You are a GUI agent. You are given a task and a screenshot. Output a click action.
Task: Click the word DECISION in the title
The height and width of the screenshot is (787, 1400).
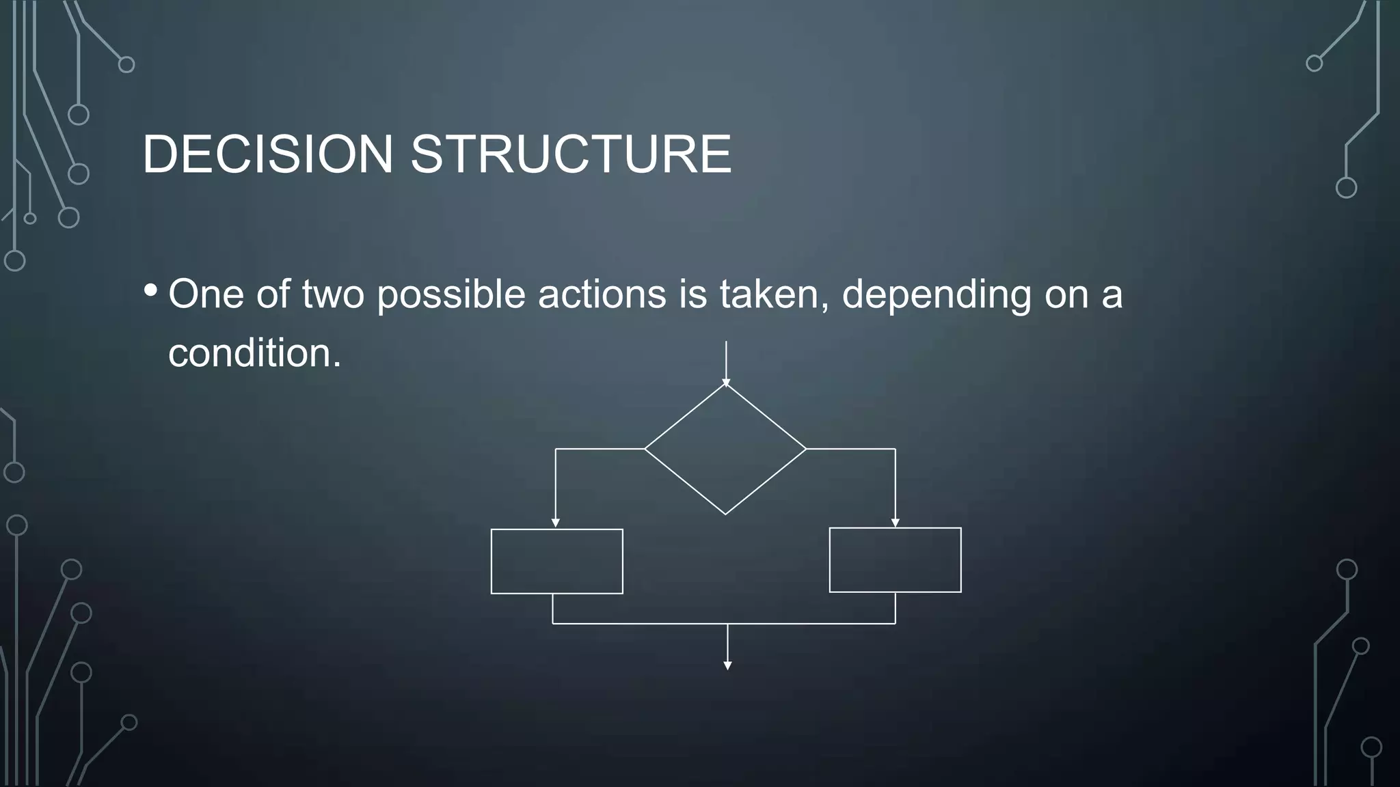(268, 154)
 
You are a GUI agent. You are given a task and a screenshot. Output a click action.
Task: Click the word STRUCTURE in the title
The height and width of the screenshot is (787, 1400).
(571, 154)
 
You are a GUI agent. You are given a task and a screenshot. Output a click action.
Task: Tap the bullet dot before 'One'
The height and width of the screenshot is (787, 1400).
(150, 290)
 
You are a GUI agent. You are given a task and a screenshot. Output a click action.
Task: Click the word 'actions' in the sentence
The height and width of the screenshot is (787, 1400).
(602, 294)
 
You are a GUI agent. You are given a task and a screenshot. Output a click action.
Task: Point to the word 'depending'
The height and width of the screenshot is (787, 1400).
(936, 294)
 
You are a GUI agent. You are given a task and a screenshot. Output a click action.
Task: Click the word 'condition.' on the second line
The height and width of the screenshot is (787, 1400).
(254, 353)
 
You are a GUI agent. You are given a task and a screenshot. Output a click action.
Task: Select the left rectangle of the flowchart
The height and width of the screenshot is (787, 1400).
(556, 561)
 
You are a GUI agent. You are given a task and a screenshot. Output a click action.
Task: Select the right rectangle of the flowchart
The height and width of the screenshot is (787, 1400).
(895, 560)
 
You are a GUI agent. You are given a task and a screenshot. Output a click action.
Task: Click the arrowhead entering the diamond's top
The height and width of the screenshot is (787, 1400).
(726, 383)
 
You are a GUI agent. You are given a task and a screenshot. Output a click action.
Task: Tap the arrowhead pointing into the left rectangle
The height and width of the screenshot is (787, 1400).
(556, 523)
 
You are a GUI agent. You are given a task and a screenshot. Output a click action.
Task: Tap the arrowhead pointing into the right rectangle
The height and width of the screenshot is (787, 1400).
(896, 523)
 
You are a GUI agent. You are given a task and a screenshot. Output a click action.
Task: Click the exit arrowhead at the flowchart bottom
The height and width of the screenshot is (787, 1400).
(727, 665)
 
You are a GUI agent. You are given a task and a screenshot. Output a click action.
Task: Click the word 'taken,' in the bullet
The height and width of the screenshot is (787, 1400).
(774, 294)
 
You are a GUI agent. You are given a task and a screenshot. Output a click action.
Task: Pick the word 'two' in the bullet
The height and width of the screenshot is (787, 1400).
(333, 294)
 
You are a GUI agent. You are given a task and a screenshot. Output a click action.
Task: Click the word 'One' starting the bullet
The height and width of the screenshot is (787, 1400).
(206, 294)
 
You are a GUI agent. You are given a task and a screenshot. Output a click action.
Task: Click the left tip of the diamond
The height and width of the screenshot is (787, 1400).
(646, 449)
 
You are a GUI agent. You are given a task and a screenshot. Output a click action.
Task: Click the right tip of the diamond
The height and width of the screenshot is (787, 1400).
(805, 449)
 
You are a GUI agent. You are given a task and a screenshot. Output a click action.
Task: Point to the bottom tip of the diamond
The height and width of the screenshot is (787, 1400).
(725, 513)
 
